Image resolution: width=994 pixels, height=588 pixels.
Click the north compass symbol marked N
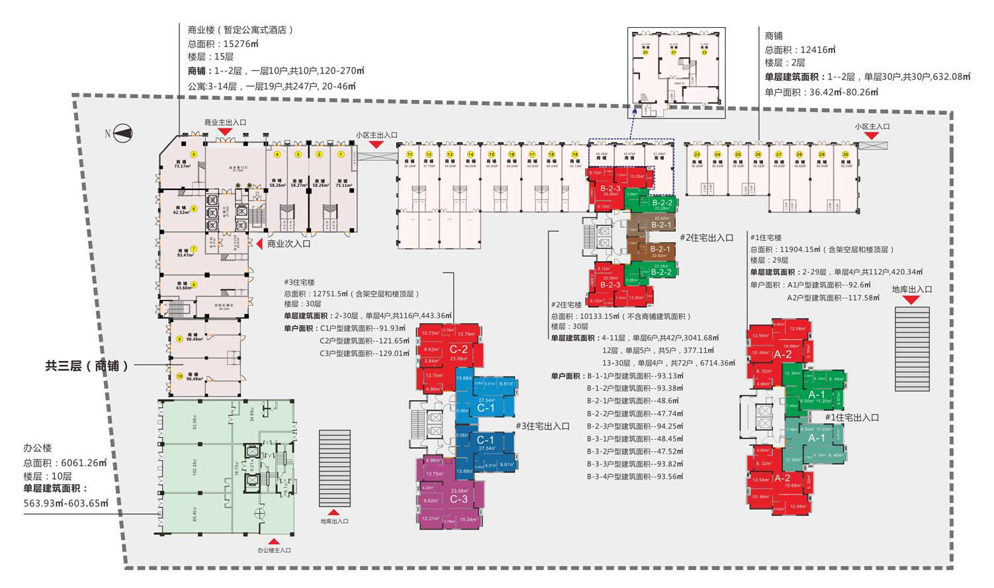click(120, 134)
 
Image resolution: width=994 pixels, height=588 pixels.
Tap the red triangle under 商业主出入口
click(225, 132)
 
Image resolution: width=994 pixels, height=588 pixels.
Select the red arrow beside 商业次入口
click(259, 244)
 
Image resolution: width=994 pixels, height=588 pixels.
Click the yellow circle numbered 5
click(194, 154)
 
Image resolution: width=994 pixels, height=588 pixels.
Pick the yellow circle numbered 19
click(574, 154)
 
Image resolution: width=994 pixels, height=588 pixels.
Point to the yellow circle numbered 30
click(845, 154)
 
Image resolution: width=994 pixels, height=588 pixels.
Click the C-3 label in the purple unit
click(459, 499)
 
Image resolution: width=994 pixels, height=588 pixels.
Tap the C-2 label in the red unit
click(459, 349)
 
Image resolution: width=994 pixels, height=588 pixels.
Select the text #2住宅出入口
click(706, 238)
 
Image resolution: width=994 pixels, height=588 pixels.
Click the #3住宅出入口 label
click(542, 426)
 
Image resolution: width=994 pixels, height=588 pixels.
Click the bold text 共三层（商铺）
click(87, 366)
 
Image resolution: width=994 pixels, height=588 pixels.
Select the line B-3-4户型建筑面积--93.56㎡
click(635, 477)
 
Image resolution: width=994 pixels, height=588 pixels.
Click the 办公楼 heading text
click(38, 448)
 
